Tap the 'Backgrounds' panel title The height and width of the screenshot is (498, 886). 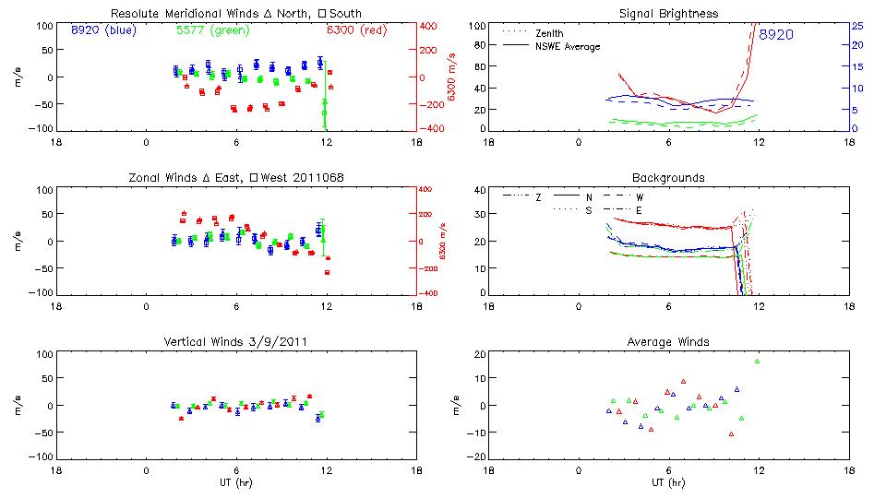(668, 177)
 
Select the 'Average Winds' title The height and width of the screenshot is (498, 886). (668, 342)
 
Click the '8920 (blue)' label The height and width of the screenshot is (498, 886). (102, 30)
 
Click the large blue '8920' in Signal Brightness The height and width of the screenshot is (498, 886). (777, 35)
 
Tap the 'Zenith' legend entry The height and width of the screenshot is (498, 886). (549, 33)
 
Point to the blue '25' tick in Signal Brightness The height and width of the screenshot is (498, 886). (856, 26)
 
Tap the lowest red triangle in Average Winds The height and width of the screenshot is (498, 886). (731, 433)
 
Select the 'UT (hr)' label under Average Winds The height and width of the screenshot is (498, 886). (668, 481)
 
